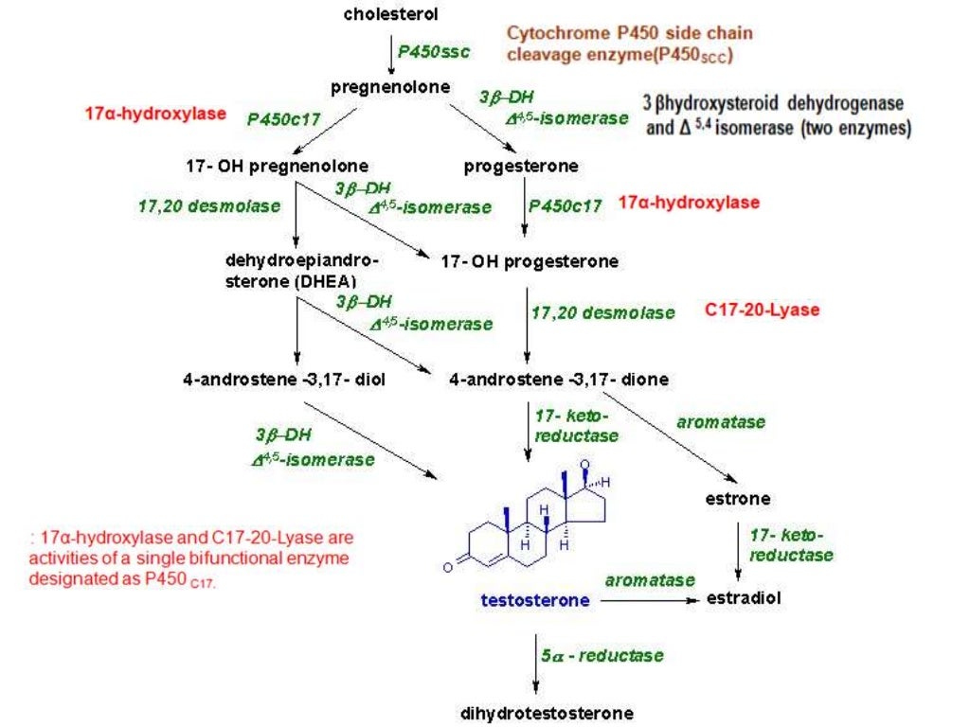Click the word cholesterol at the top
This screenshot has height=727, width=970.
(x=390, y=14)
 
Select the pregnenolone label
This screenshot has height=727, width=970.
(x=390, y=87)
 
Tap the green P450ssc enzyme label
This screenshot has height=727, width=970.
(x=433, y=51)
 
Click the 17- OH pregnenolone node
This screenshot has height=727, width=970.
(x=276, y=167)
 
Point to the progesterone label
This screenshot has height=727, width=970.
(x=521, y=167)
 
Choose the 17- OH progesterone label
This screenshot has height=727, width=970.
(x=530, y=260)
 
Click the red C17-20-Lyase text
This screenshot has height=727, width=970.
(x=763, y=310)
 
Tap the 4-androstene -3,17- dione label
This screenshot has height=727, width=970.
(x=559, y=380)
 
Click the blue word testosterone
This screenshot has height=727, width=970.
(x=535, y=600)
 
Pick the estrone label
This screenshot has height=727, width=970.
(x=738, y=498)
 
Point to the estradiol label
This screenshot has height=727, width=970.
(x=745, y=599)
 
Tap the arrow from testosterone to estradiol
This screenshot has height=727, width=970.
(x=654, y=600)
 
